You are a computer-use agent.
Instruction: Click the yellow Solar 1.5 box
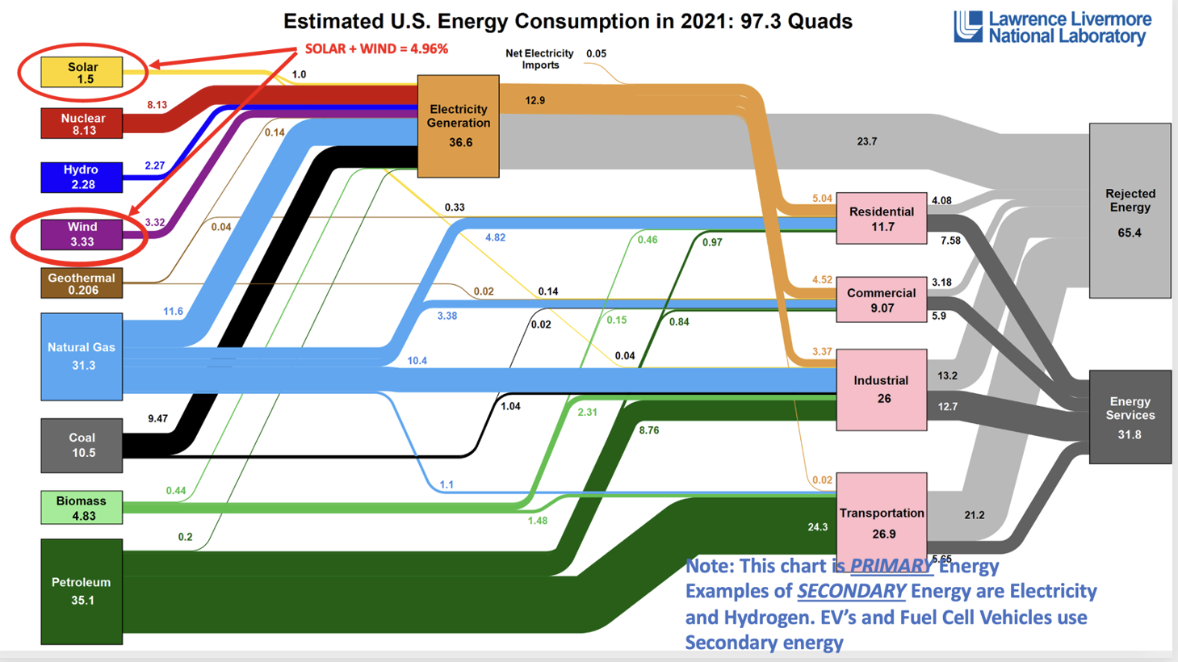tap(82, 73)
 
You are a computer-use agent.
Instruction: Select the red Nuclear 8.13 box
tap(82, 124)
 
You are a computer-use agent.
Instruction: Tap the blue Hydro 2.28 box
tap(82, 177)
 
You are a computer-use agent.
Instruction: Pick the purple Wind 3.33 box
tap(82, 234)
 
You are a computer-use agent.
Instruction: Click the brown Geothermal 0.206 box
tap(82, 283)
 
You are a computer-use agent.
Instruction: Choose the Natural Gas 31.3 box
tap(82, 356)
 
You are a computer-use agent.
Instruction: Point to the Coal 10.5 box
tap(82, 445)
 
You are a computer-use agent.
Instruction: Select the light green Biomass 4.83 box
tap(82, 508)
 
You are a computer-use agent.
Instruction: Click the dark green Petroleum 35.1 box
tap(82, 591)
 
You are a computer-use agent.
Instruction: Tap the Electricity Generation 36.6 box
tap(458, 126)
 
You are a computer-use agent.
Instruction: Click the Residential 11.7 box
tap(881, 218)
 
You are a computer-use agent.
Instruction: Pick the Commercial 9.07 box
tap(881, 300)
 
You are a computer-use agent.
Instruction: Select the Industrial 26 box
tap(881, 389)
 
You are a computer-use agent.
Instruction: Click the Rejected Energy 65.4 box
tap(1130, 212)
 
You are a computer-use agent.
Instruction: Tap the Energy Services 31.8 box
tap(1130, 417)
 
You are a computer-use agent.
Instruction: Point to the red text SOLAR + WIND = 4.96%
tap(376, 49)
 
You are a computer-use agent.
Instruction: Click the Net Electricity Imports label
tap(539, 59)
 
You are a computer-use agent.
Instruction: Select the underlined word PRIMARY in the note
tap(891, 566)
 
